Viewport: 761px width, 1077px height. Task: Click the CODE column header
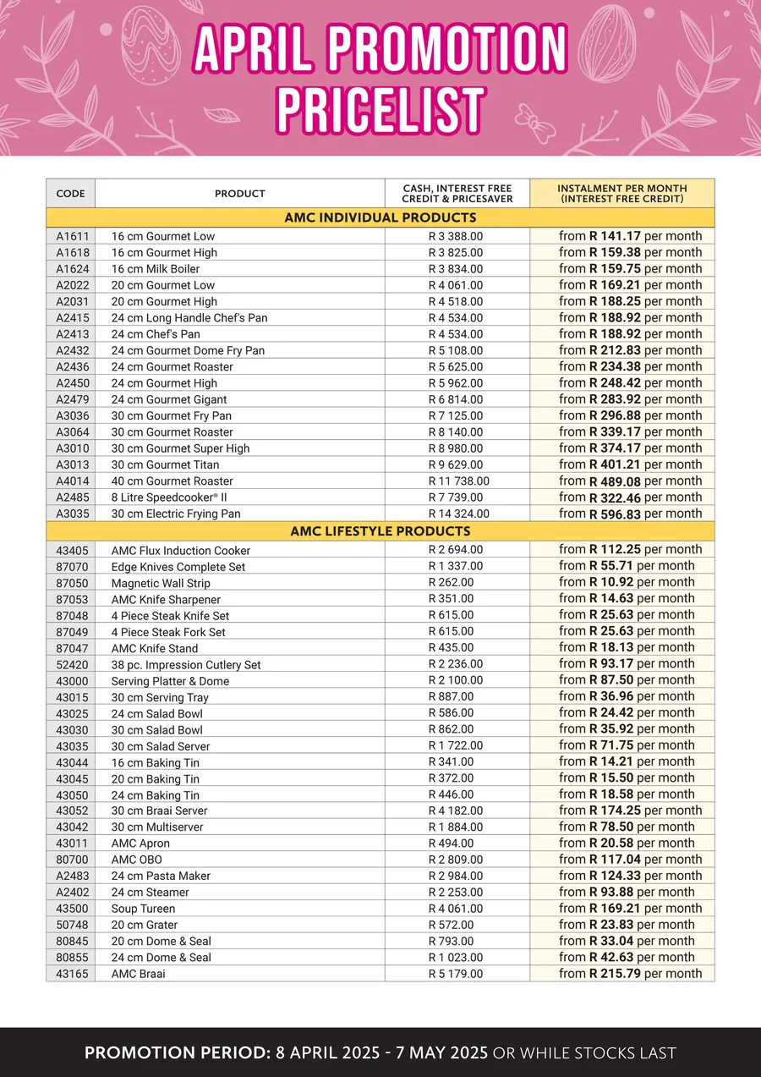pyautogui.click(x=70, y=194)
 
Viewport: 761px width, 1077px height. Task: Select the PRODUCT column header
pyautogui.click(x=240, y=194)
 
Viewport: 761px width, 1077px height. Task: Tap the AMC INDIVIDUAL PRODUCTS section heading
pyautogui.click(x=380, y=217)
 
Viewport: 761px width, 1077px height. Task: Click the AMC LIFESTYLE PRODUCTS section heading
pyautogui.click(x=380, y=531)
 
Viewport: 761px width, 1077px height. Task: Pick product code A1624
pyautogui.click(x=70, y=269)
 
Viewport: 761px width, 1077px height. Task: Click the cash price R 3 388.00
pyautogui.click(x=456, y=236)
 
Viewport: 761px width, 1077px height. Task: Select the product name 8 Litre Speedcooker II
pyautogui.click(x=169, y=497)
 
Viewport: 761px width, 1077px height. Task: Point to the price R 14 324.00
pyautogui.click(x=456, y=514)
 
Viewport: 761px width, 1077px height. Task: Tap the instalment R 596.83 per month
pyautogui.click(x=630, y=514)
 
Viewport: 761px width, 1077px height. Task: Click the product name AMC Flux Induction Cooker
pyautogui.click(x=181, y=551)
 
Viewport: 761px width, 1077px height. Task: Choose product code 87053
pyautogui.click(x=70, y=599)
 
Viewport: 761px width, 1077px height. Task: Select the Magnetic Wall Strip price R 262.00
pyautogui.click(x=451, y=582)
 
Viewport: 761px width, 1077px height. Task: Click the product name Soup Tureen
pyautogui.click(x=144, y=909)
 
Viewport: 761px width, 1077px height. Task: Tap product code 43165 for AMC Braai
pyautogui.click(x=70, y=974)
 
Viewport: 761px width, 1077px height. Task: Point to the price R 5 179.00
pyautogui.click(x=456, y=974)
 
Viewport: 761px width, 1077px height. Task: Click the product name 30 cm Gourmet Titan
pyautogui.click(x=165, y=464)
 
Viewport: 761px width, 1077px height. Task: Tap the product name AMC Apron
pyautogui.click(x=140, y=843)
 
